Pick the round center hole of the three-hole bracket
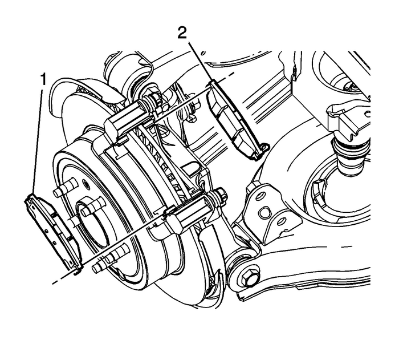pos(264,213)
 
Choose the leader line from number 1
pos(38,143)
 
